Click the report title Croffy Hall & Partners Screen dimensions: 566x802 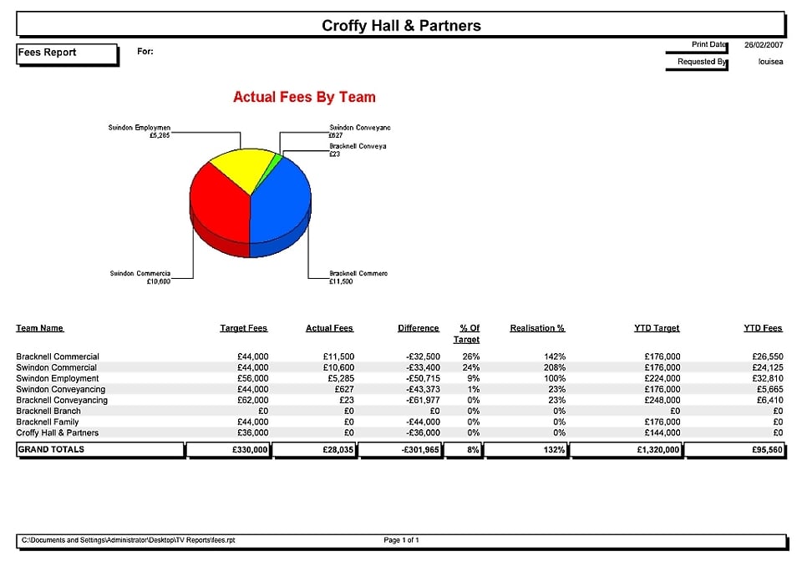pyautogui.click(x=401, y=26)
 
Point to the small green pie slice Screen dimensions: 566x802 pyautogui.click(x=277, y=159)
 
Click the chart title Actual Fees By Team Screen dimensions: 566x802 pyautogui.click(x=304, y=98)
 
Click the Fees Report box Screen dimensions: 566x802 pyautogui.click(x=67, y=53)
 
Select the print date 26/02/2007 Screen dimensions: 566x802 pyautogui.click(x=764, y=45)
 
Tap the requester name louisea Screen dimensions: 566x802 pyautogui.click(x=770, y=62)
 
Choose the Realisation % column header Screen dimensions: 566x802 pyautogui.click(x=537, y=328)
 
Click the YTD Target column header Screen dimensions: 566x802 pyautogui.click(x=657, y=328)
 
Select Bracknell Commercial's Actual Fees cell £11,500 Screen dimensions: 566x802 pyautogui.click(x=338, y=356)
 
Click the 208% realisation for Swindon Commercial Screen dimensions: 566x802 pyautogui.click(x=554, y=367)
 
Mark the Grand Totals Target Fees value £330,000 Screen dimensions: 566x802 pyautogui.click(x=250, y=450)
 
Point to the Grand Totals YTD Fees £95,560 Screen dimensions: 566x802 pyautogui.click(x=766, y=450)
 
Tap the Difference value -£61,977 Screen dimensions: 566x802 pyautogui.click(x=422, y=400)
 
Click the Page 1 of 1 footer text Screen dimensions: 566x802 pyautogui.click(x=401, y=540)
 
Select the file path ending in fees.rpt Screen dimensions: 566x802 pyautogui.click(x=128, y=540)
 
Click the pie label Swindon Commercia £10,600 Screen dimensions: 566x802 pyautogui.click(x=140, y=277)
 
